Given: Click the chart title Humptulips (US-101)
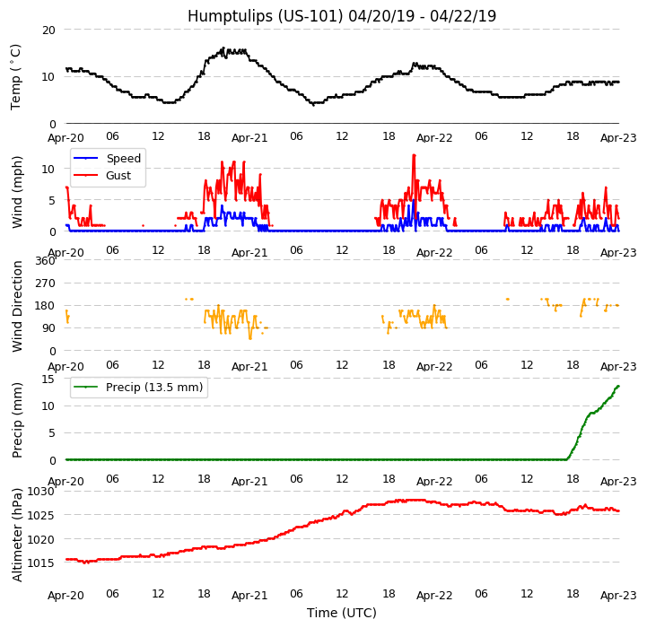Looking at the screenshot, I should pos(341,16).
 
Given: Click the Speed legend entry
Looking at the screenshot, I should pos(123,159).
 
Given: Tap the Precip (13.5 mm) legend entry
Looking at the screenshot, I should pos(153,388).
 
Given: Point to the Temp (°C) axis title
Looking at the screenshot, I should pos(16,76).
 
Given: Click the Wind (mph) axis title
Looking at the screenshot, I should pos(17,191).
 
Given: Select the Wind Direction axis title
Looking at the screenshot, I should pos(17,306).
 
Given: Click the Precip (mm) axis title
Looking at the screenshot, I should pos(17,420).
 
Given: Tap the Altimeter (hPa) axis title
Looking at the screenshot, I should pos(17,535).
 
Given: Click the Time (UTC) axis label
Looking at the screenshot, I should pos(341,613).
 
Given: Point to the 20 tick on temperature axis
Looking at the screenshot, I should pos(48,30).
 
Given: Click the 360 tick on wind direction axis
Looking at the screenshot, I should pos(45,261).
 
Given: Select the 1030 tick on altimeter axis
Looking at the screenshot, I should pos(41,492).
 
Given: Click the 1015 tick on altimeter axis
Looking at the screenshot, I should pos(41,563).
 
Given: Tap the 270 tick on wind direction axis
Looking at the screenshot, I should pos(45,283).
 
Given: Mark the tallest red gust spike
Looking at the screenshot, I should pos(414,155).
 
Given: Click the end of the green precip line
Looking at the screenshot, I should pos(618,386).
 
